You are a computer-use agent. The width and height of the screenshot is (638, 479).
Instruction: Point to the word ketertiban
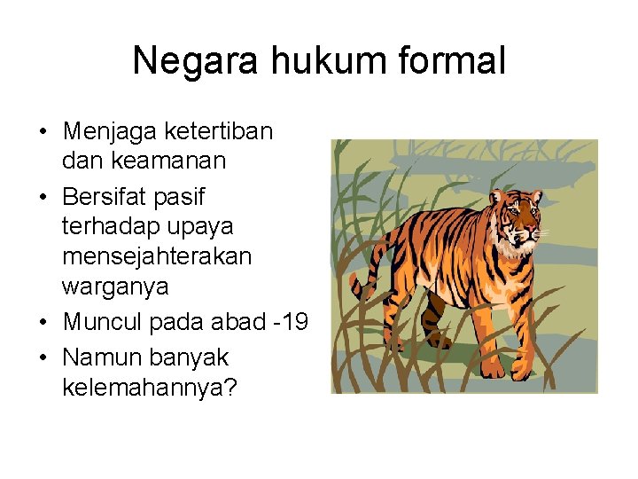coord(219,132)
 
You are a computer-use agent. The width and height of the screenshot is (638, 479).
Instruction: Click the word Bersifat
coord(112,195)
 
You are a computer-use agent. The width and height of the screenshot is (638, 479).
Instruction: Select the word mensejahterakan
coord(157,256)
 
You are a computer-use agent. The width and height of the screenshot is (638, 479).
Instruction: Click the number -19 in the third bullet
coord(289,323)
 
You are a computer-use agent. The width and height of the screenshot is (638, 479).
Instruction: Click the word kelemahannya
coord(144,388)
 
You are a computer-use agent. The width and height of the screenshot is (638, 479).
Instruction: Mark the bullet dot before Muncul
coord(43,323)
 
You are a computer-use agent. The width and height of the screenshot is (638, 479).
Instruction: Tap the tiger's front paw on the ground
coord(493,372)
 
